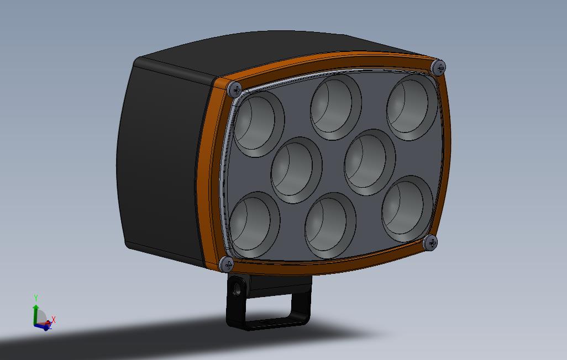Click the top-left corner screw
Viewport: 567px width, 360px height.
235,88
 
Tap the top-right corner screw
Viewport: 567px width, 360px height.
439,67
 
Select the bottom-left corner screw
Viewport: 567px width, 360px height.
227,264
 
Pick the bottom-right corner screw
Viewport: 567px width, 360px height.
431,242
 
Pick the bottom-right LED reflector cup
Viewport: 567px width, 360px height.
407,208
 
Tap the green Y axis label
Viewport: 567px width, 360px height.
36,299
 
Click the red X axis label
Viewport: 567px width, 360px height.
54,320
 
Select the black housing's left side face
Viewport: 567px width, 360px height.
160,160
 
